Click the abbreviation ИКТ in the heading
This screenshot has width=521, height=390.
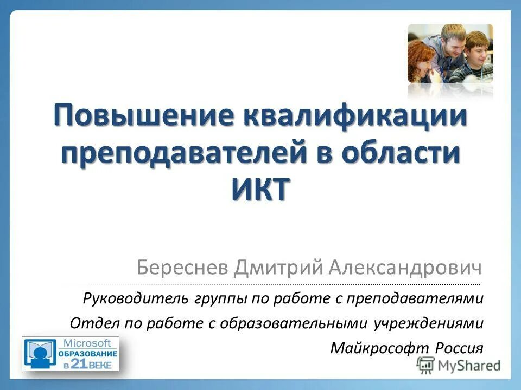(x=260, y=190)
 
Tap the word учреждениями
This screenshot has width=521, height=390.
(x=428, y=323)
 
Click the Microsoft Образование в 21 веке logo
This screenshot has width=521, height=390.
(x=70, y=354)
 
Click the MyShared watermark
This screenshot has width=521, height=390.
(x=459, y=366)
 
